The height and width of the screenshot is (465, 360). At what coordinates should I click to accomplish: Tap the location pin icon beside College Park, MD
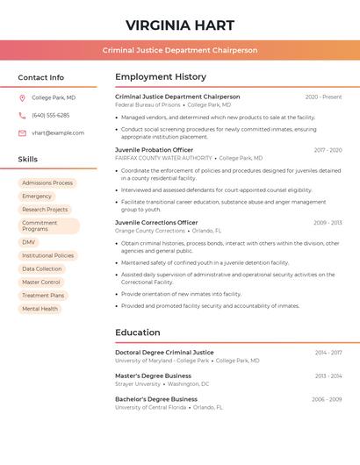(22, 97)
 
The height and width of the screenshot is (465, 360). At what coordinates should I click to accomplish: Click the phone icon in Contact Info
(22, 115)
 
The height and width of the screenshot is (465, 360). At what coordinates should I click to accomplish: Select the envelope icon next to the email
(22, 133)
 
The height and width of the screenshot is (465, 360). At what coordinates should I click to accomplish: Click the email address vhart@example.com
(58, 133)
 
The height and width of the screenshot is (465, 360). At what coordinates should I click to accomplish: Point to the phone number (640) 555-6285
(50, 115)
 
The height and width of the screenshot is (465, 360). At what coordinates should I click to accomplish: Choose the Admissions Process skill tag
(47, 183)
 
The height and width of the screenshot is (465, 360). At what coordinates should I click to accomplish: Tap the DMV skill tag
(29, 242)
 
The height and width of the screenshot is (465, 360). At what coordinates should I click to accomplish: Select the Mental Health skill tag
(40, 309)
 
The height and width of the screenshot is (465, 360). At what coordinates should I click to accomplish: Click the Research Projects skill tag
(45, 210)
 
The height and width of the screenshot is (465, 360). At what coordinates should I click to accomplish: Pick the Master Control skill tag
(41, 283)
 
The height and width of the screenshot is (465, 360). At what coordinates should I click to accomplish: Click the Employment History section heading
(161, 77)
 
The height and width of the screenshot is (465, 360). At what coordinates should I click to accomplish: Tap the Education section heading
(137, 333)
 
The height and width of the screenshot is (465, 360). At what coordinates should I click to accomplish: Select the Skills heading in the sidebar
(28, 160)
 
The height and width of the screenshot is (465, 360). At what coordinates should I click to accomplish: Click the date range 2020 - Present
(323, 97)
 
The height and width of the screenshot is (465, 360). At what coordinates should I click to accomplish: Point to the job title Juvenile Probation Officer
(154, 150)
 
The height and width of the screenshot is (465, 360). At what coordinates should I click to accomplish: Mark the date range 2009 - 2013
(328, 223)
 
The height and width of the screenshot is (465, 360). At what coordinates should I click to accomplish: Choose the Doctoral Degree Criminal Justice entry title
(164, 352)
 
